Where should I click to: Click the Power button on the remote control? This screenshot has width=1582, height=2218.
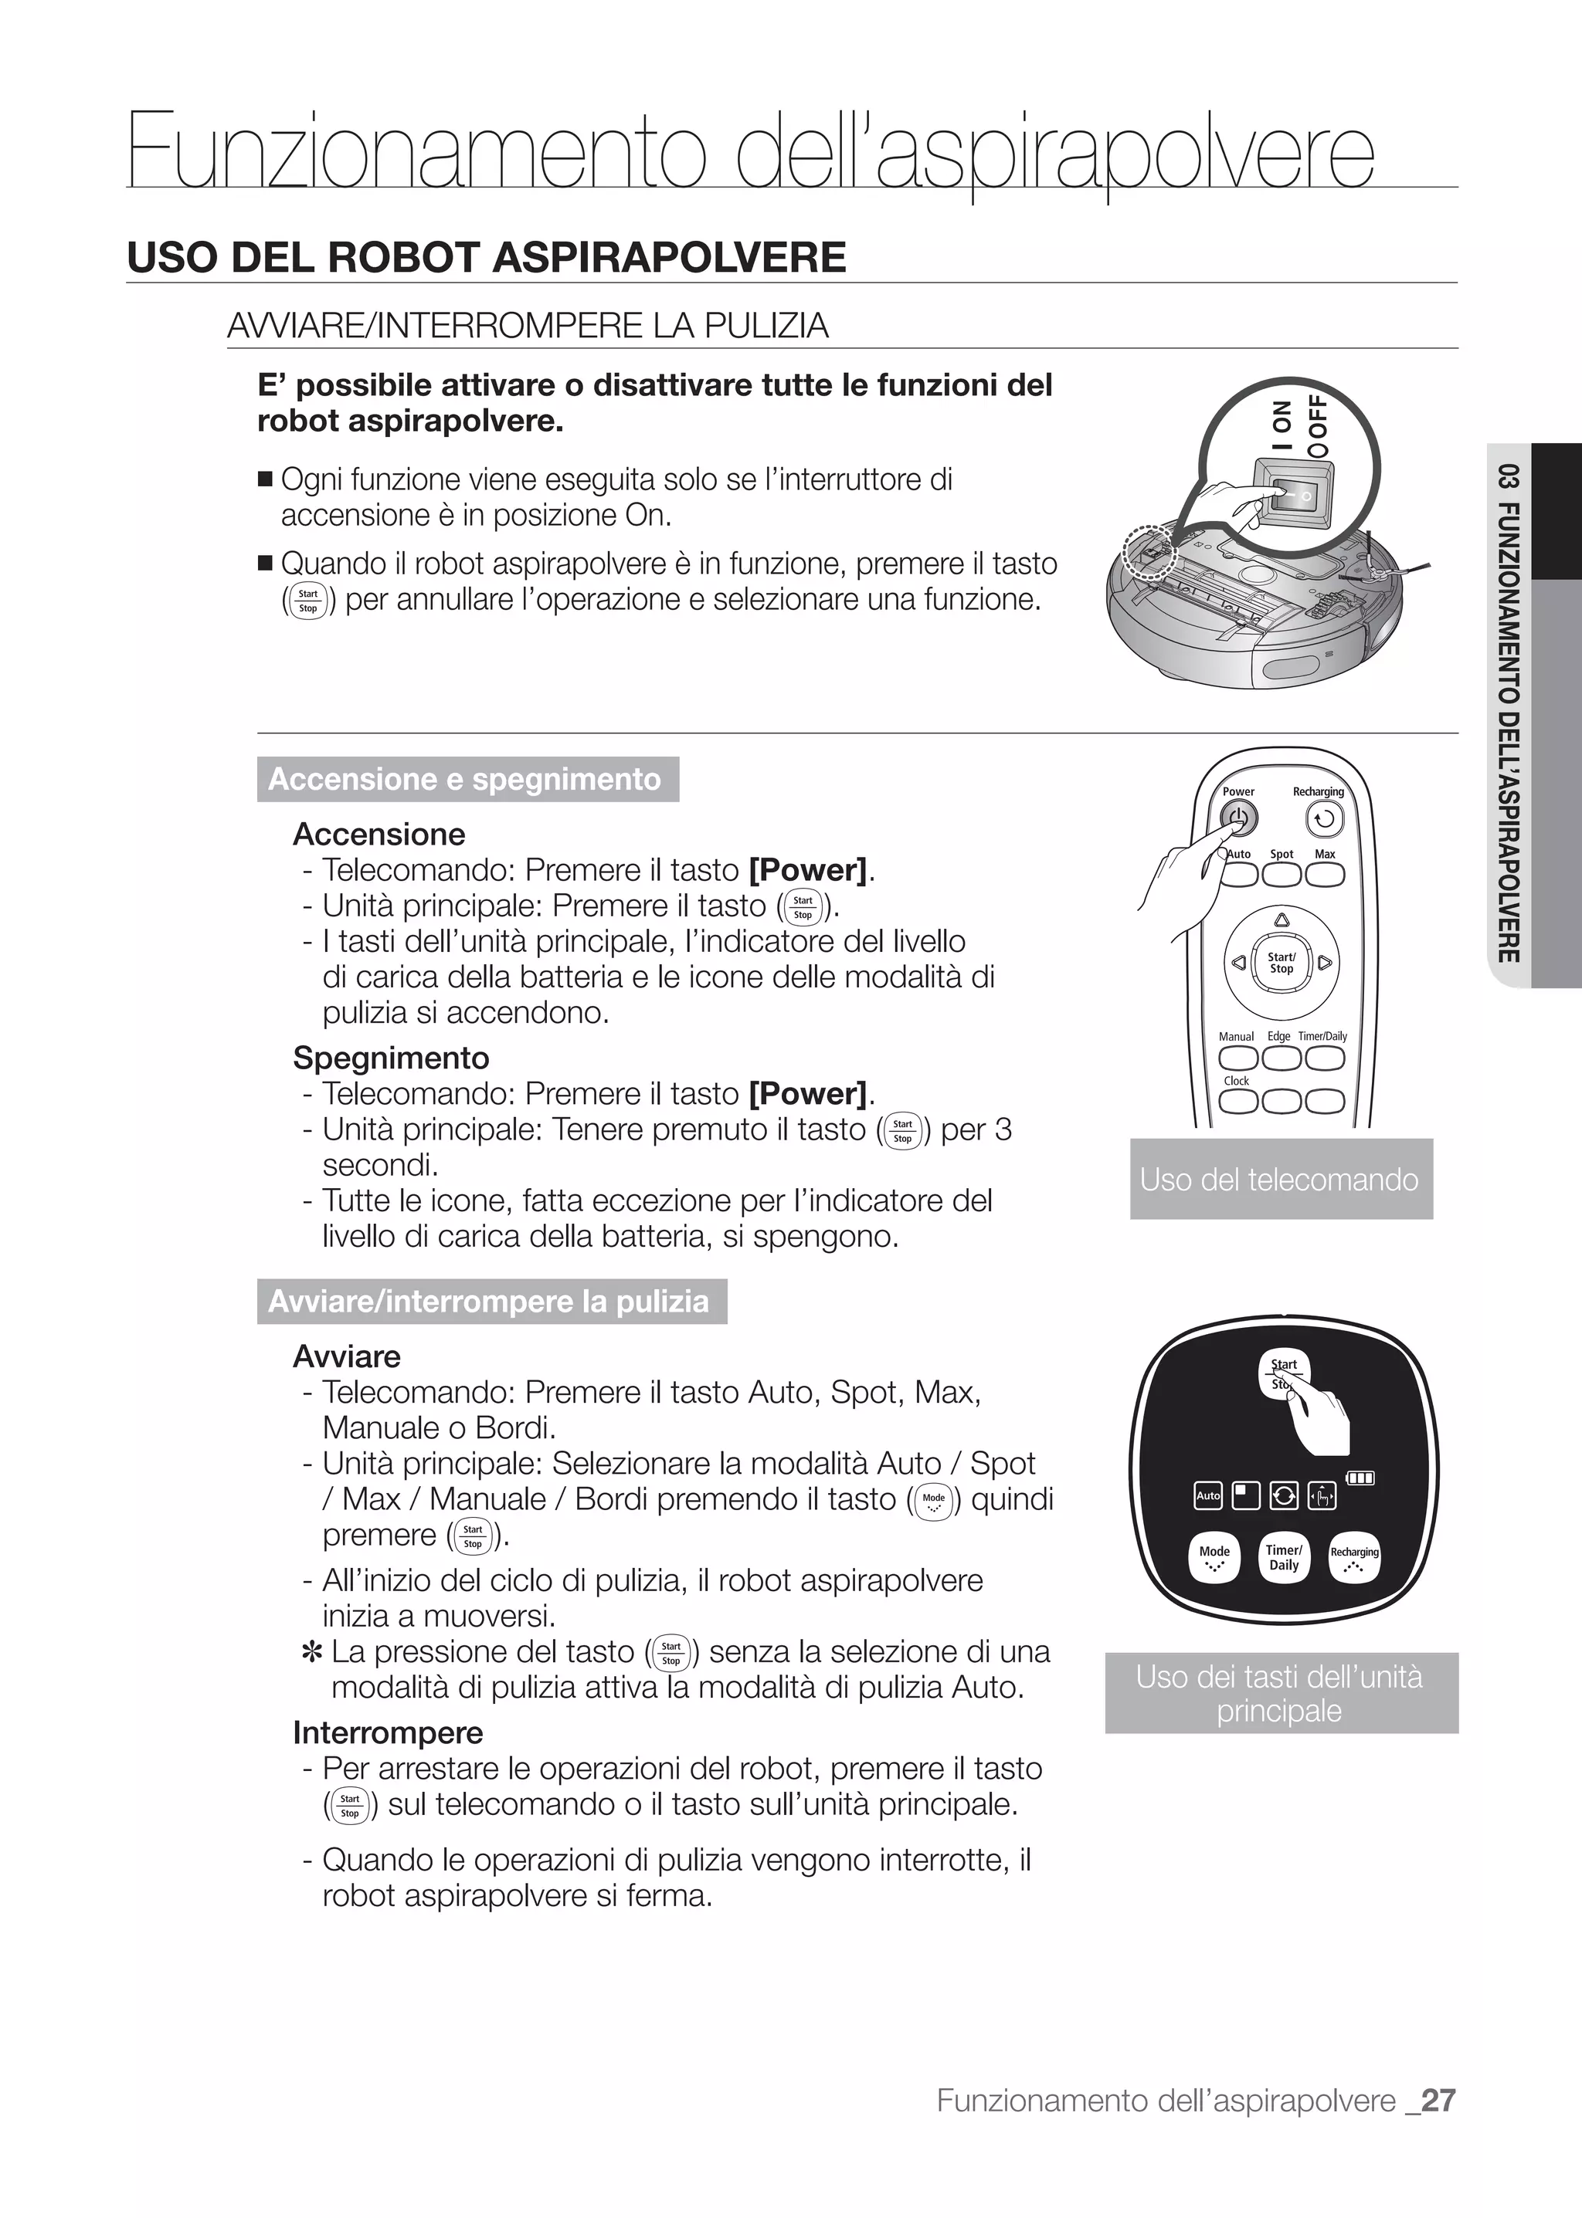[1238, 819]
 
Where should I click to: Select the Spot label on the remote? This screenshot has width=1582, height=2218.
[1281, 854]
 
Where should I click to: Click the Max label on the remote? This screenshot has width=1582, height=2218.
[1325, 854]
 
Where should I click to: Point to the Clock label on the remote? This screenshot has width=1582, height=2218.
[1236, 1081]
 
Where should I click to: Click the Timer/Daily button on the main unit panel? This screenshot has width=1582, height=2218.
[1283, 1557]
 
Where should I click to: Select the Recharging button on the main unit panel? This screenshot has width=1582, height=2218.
[1354, 1557]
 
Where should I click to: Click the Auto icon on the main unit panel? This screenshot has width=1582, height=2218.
[1208, 1495]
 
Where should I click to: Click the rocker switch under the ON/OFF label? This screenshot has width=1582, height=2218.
[1292, 496]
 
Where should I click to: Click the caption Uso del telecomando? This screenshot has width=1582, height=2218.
[1280, 1179]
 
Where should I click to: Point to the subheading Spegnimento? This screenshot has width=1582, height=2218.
[391, 1058]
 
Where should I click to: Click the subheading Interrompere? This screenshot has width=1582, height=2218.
[388, 1732]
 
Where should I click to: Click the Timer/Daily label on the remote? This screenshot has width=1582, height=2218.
[1322, 1036]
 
